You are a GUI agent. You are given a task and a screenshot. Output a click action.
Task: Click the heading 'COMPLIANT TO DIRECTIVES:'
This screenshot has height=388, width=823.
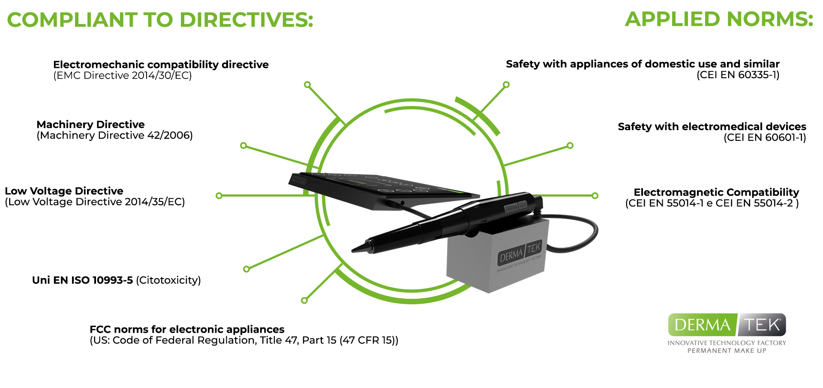pyautogui.click(x=160, y=20)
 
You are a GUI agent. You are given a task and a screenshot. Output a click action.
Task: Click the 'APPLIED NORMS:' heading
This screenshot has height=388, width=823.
pyautogui.click(x=719, y=19)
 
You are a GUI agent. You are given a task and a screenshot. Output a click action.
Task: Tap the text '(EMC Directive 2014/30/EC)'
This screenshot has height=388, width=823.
pyautogui.click(x=123, y=76)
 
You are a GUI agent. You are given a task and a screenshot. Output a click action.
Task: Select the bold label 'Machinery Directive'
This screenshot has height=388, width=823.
pyautogui.click(x=90, y=124)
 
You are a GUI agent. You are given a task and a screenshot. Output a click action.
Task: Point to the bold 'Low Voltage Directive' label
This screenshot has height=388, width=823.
pyautogui.click(x=64, y=191)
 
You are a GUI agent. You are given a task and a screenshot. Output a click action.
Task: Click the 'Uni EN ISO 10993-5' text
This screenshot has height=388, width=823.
pyautogui.click(x=82, y=280)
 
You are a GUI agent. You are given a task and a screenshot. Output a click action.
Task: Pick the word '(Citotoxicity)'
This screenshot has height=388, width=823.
pyautogui.click(x=168, y=280)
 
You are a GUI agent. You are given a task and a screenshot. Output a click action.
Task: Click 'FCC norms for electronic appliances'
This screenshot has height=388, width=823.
pyautogui.click(x=187, y=329)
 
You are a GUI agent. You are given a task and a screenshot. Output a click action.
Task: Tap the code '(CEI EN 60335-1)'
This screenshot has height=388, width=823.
pyautogui.click(x=738, y=75)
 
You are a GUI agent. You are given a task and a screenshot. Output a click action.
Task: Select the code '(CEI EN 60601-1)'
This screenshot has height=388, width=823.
pyautogui.click(x=765, y=138)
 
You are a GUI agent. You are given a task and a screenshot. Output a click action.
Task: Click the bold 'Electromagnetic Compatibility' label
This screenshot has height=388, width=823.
pyautogui.click(x=716, y=192)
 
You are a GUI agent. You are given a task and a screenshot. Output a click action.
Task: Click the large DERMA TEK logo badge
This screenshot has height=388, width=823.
pyautogui.click(x=727, y=325)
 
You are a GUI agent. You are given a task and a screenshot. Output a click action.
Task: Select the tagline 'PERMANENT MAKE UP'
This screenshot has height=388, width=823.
pyautogui.click(x=727, y=351)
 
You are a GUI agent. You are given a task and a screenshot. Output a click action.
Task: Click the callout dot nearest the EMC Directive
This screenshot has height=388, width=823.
pyautogui.click(x=307, y=85)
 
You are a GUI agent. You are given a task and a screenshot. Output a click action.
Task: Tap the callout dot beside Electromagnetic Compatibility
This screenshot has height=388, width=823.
pyautogui.click(x=595, y=196)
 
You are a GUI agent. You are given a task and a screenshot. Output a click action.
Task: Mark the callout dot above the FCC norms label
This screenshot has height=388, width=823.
pyautogui.click(x=304, y=300)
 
